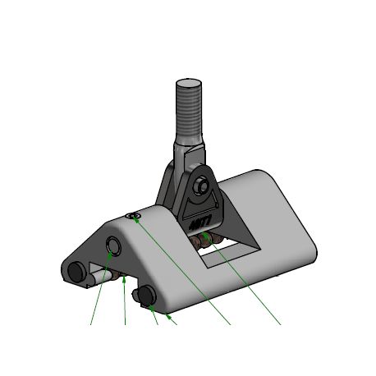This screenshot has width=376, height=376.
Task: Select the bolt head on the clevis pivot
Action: (x=201, y=187)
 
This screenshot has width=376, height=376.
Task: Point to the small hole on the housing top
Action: (x=135, y=216)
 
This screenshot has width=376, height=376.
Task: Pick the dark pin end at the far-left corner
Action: (x=76, y=272)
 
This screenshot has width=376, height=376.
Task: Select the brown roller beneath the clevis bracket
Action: (x=206, y=240)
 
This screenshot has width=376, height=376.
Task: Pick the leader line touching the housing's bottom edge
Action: (x=172, y=319)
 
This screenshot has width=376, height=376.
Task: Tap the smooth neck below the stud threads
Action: (x=186, y=148)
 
